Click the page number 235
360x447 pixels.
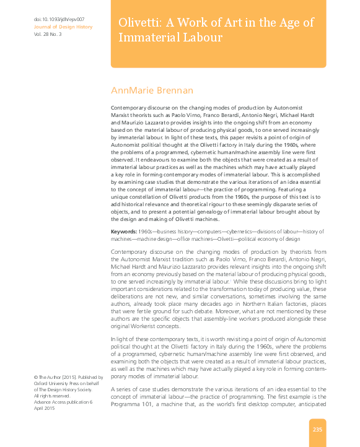point(317,430)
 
